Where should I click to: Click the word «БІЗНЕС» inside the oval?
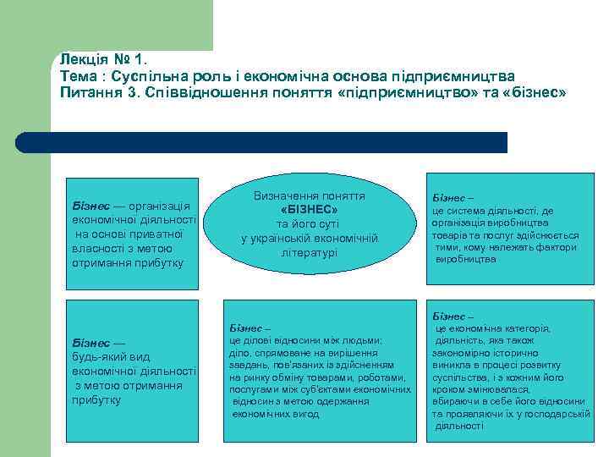[309, 209]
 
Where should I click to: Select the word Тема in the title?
[79, 76]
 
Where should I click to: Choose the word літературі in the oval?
[309, 252]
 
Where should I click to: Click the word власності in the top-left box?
[100, 249]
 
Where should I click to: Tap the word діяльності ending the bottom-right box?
[459, 426]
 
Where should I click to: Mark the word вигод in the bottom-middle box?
[304, 414]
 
